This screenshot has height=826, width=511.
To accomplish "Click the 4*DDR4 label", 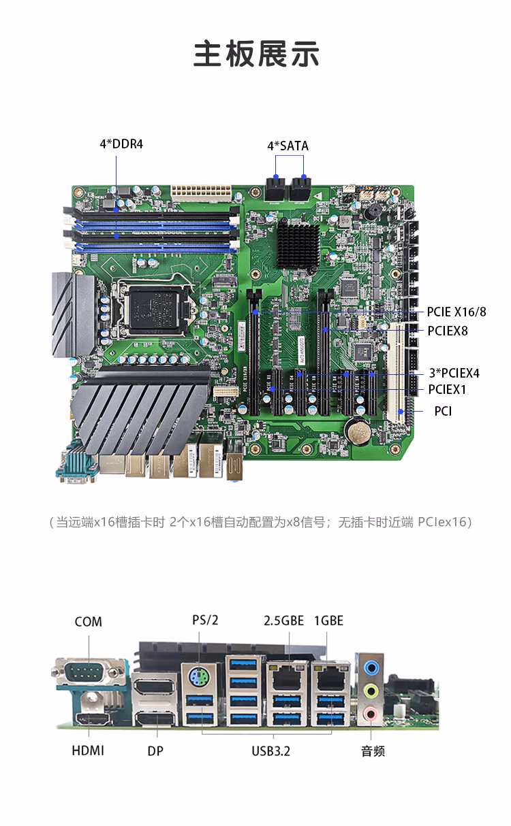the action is [x=121, y=144].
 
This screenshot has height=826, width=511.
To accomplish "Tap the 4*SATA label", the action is [x=288, y=146].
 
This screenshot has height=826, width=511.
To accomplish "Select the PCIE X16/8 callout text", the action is [x=456, y=312].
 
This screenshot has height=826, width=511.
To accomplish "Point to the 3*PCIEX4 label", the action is [x=454, y=373].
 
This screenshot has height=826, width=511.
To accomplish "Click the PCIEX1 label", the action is [x=447, y=389].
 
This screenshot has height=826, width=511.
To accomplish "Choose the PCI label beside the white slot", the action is [x=443, y=411].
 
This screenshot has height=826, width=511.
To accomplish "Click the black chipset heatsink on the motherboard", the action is [x=298, y=244].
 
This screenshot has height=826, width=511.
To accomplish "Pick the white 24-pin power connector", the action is [x=201, y=194].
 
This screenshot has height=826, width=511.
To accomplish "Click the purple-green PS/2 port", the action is [x=199, y=677].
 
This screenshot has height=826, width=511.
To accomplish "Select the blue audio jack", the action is [x=371, y=667].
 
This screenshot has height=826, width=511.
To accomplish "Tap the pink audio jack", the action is [x=371, y=714].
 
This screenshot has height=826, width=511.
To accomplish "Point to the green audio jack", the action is [x=371, y=691].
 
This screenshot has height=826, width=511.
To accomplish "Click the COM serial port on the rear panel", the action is [x=89, y=672].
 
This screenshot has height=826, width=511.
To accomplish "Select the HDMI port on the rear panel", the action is [x=93, y=718].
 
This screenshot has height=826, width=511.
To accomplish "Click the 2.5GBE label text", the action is [x=283, y=621].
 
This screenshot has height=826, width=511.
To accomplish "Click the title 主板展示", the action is [x=256, y=54].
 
